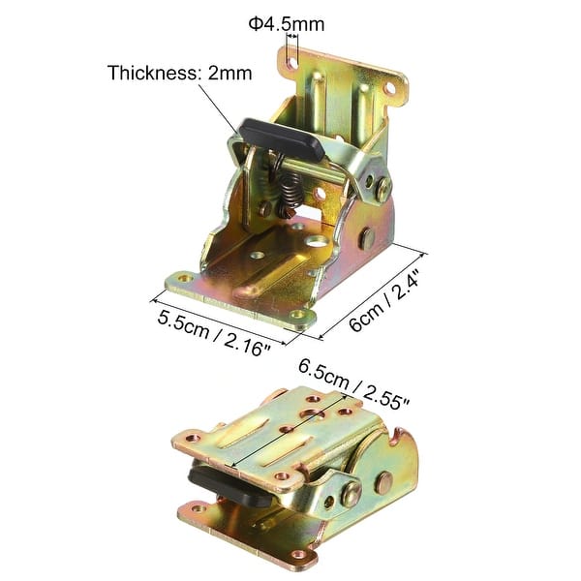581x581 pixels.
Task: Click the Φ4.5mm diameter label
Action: click(x=287, y=24)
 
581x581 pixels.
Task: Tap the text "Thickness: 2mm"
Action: click(x=180, y=73)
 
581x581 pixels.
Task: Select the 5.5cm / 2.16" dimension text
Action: click(x=214, y=333)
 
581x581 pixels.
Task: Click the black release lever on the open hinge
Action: click(x=281, y=138)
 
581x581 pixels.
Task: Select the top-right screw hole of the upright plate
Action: click(x=390, y=88)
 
